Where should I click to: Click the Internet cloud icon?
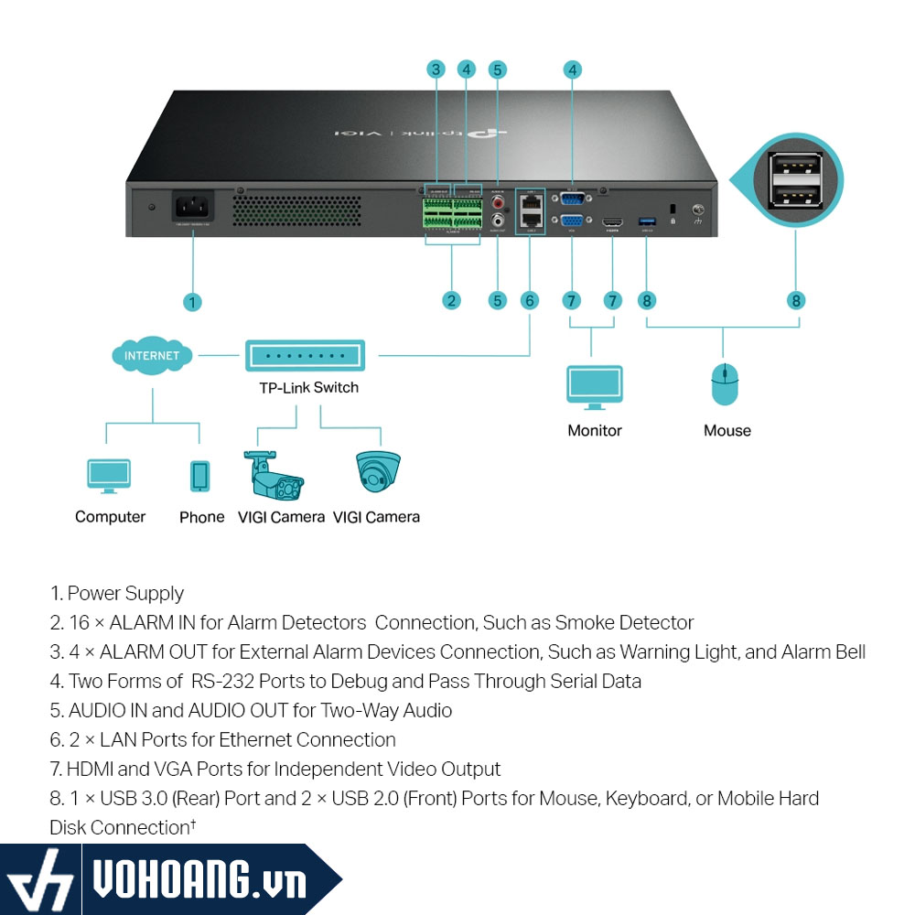[152, 354]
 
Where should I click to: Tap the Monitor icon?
[595, 388]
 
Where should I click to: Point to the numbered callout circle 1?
[192, 301]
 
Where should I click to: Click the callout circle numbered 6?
[530, 300]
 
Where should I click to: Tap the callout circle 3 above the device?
[436, 69]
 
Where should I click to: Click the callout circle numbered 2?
[451, 300]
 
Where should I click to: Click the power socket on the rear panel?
[193, 205]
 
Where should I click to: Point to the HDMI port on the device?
[612, 221]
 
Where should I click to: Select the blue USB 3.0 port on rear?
[648, 221]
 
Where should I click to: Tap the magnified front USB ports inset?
[796, 180]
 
